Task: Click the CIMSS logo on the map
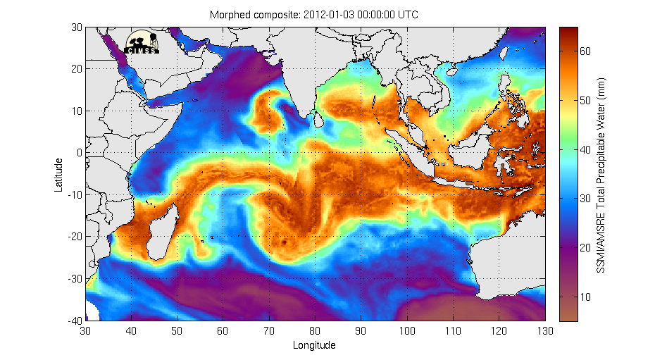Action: (x=143, y=43)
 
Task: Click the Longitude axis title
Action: (x=314, y=345)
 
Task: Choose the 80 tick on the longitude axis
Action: (x=315, y=330)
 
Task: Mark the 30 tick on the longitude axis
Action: (x=86, y=330)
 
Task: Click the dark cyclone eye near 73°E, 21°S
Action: (x=283, y=242)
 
